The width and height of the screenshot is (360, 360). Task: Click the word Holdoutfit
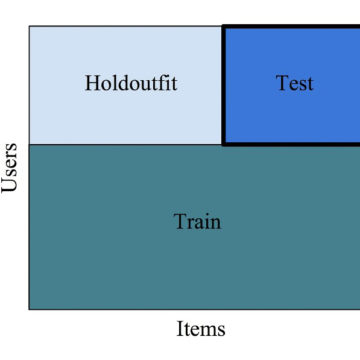click(x=131, y=83)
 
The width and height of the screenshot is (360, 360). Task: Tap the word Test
click(x=294, y=83)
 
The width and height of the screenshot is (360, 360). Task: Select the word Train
click(x=197, y=221)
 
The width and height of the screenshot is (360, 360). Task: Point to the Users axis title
click(x=9, y=168)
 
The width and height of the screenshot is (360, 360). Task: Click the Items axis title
click(x=201, y=328)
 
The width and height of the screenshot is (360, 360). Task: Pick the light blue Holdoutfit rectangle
click(x=125, y=85)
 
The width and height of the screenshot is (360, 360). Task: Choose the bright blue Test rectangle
click(x=292, y=84)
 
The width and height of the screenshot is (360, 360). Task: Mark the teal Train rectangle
click(x=194, y=227)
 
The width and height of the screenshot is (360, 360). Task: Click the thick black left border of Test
click(x=223, y=85)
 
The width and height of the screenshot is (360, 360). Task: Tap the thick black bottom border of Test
click(x=291, y=144)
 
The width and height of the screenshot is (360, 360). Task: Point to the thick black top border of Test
click(x=291, y=26)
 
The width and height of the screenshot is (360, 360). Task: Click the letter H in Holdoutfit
click(x=92, y=83)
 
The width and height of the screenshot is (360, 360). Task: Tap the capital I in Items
click(x=180, y=328)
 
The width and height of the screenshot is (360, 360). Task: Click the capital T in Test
click(x=282, y=83)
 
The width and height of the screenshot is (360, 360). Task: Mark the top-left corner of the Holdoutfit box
click(x=29, y=26)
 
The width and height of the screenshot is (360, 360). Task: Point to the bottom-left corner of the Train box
click(x=29, y=309)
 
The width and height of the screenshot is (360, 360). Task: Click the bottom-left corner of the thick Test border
click(x=223, y=144)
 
